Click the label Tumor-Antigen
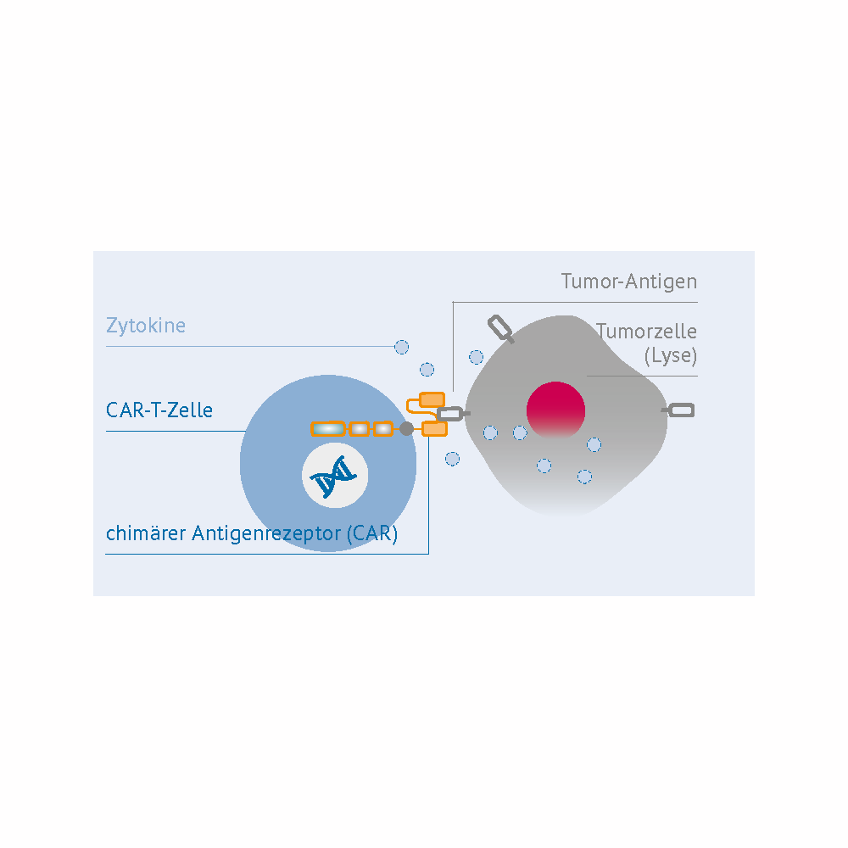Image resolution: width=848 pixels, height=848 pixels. (x=628, y=282)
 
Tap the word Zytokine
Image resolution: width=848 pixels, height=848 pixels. (x=145, y=326)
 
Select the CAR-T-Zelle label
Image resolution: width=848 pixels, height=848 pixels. (x=159, y=411)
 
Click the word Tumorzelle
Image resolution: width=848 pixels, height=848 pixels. (x=646, y=332)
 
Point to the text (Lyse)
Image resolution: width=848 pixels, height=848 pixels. (x=670, y=355)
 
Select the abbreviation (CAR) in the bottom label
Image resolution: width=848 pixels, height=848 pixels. (x=371, y=534)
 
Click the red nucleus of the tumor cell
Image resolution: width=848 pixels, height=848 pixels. (x=555, y=410)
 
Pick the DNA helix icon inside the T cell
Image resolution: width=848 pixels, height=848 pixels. (x=334, y=479)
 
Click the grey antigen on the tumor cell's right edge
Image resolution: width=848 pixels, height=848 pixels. (x=681, y=410)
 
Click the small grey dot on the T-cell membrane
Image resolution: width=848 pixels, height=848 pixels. (x=406, y=429)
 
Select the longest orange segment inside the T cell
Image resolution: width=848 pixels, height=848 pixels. (x=327, y=429)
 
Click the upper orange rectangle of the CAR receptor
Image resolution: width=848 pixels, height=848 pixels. (x=432, y=399)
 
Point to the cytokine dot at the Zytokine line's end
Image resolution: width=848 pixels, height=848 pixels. (x=402, y=347)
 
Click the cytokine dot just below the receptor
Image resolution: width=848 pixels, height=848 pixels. (x=453, y=459)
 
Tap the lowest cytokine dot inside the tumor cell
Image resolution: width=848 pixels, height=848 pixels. (x=584, y=477)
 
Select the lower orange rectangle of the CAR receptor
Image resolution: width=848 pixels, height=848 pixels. (x=434, y=429)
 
